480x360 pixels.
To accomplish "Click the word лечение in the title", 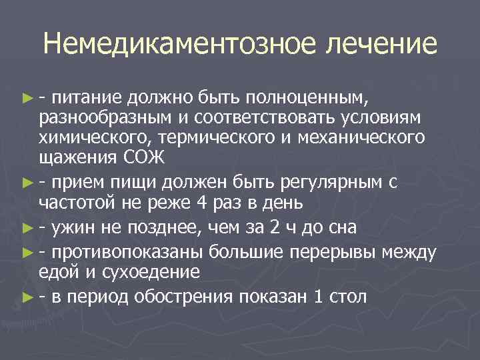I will [x=381, y=44].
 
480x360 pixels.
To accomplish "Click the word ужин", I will [x=75, y=228].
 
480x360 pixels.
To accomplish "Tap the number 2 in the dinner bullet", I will [x=277, y=228].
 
